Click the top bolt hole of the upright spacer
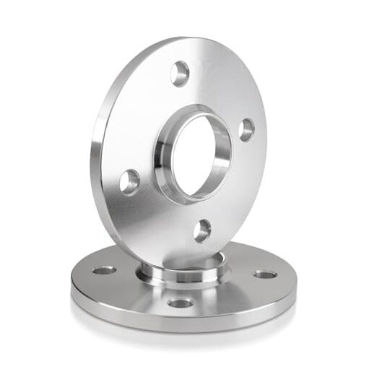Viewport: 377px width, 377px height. point(180,73)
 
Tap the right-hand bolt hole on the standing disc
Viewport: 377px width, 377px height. point(246,130)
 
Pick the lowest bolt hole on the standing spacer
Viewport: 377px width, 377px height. point(203,230)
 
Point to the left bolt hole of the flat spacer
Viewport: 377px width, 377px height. point(103,271)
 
